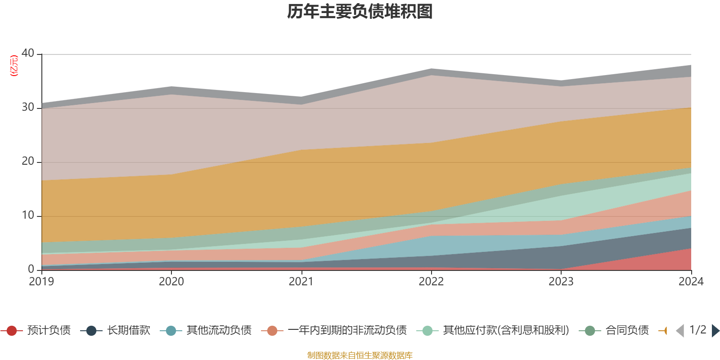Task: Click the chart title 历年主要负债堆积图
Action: coord(360,12)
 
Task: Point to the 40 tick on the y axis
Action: coord(28,53)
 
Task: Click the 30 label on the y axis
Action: coord(28,107)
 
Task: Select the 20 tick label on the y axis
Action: coord(28,161)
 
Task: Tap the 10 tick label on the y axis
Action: coord(28,215)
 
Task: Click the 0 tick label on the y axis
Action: coord(31,269)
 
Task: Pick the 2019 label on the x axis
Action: coord(41,282)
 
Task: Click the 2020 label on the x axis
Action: coord(171,282)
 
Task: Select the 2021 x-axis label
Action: coord(301,282)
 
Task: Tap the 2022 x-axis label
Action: coord(431,282)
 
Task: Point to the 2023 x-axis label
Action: coord(561,282)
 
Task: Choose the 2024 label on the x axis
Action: coord(691,282)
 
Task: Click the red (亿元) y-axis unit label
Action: coord(14,66)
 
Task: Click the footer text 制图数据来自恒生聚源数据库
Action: coord(360,355)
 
